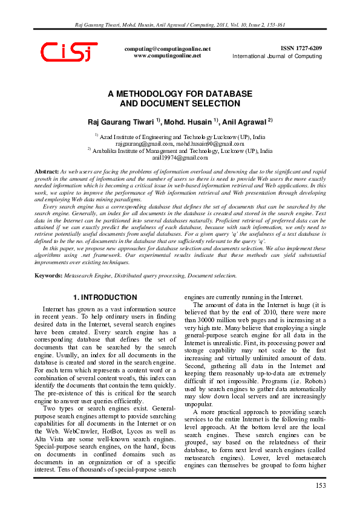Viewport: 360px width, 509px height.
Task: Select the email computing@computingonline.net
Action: [x=167, y=48]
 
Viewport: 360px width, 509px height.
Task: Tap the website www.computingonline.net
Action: [x=167, y=55]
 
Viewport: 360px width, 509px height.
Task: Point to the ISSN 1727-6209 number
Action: [x=301, y=48]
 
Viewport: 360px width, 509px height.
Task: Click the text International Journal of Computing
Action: [x=277, y=56]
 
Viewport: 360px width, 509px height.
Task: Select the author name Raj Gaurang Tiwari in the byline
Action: [x=113, y=122]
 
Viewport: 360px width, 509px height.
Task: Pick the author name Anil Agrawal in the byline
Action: [x=247, y=122]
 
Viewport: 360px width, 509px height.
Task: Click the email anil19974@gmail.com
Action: [x=180, y=157]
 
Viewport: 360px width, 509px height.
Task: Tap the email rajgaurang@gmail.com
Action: [x=144, y=144]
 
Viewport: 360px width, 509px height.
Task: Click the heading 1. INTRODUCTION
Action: [x=105, y=297]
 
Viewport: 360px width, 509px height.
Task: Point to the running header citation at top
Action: [x=180, y=26]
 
